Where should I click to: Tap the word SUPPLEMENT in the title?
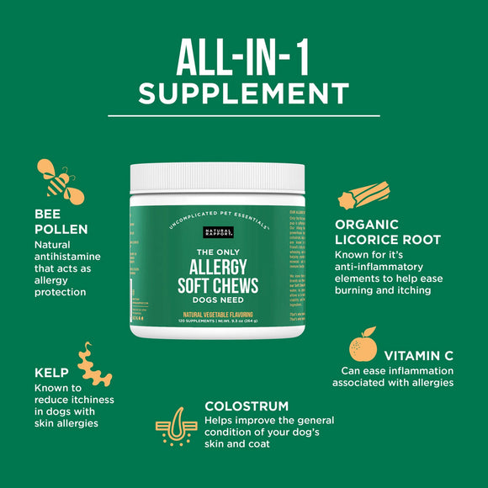244,93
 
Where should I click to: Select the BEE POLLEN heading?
61,221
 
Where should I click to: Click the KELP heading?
51,371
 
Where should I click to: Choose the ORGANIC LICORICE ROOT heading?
388,231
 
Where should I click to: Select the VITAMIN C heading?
418,356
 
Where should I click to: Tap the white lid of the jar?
217,177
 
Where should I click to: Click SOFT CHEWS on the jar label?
216,286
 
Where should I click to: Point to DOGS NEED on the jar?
216,302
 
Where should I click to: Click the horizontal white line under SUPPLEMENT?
244,115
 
